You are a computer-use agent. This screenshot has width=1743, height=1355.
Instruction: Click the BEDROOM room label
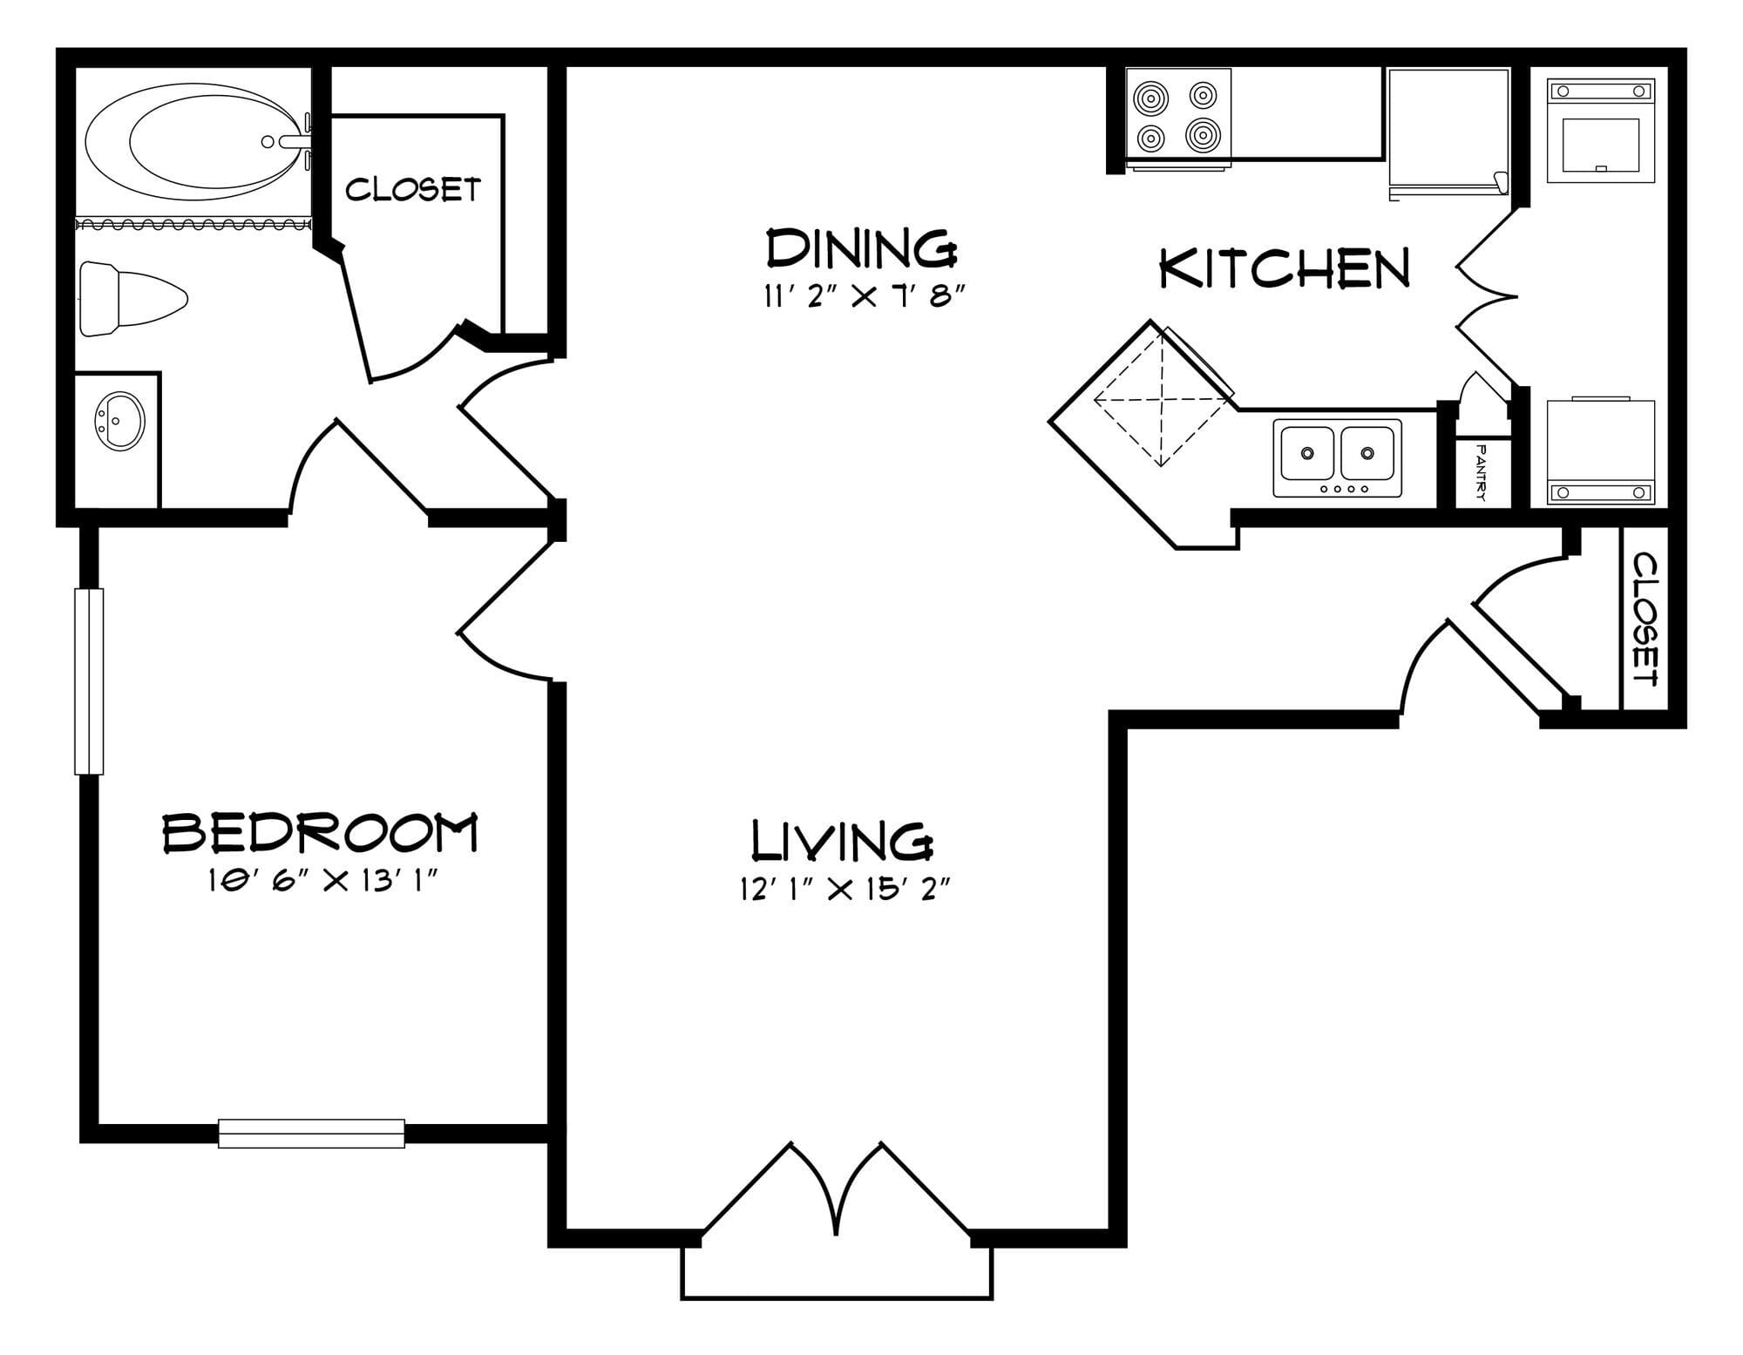tap(321, 833)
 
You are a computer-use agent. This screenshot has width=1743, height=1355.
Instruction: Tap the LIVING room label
tap(842, 840)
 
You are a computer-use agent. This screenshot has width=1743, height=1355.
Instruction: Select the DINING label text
tap(862, 247)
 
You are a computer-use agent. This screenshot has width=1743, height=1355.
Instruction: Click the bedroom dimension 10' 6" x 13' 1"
tap(321, 882)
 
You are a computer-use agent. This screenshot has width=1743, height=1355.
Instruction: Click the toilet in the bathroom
tap(132, 299)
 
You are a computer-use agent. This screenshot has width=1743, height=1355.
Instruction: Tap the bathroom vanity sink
tap(119, 421)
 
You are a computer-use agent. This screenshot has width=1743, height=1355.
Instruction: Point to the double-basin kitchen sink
tap(1338, 457)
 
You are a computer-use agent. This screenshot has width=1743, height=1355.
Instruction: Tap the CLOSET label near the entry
tap(1645, 619)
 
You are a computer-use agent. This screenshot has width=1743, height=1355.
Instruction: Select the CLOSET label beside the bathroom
tap(413, 189)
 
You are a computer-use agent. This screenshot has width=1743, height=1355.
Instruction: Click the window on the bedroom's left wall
tap(89, 681)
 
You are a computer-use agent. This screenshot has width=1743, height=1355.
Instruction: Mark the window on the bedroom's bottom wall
tap(311, 1133)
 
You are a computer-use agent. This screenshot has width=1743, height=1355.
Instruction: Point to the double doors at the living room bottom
tap(837, 1189)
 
